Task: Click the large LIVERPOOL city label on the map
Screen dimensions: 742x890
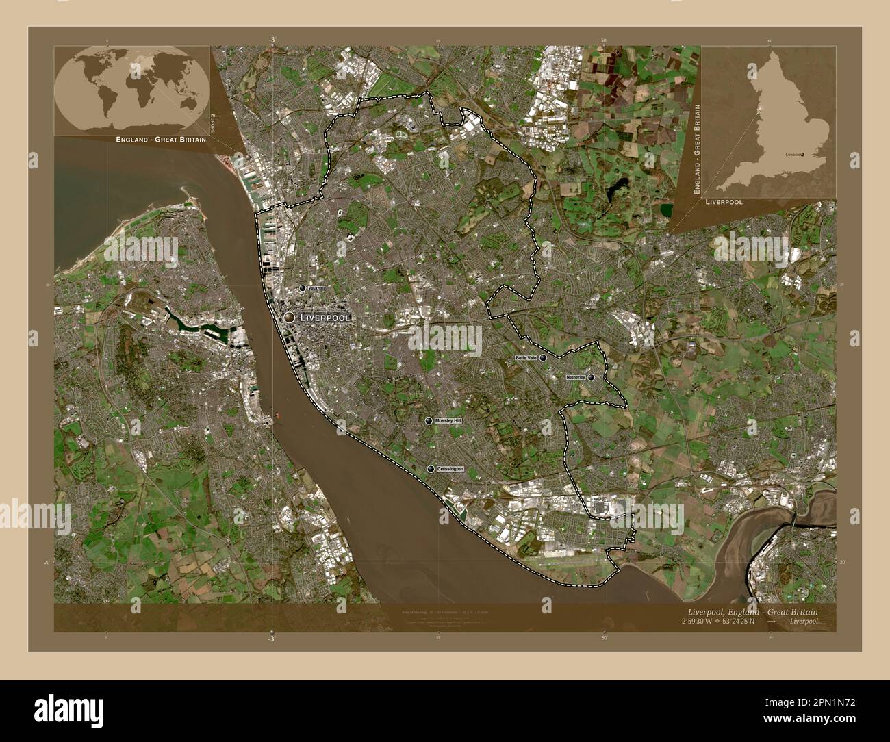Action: point(325,318)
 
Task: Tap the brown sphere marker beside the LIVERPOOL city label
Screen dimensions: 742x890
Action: point(290,318)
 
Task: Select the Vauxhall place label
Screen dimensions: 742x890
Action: point(316,290)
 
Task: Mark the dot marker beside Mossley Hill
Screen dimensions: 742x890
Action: point(429,421)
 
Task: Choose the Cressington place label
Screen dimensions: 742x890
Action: point(450,469)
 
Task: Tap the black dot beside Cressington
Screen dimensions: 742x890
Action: point(431,469)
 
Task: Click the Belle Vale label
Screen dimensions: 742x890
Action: point(526,358)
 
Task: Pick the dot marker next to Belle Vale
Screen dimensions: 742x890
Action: point(544,358)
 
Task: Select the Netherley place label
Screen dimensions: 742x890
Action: point(575,377)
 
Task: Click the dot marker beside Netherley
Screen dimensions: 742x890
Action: point(591,377)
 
